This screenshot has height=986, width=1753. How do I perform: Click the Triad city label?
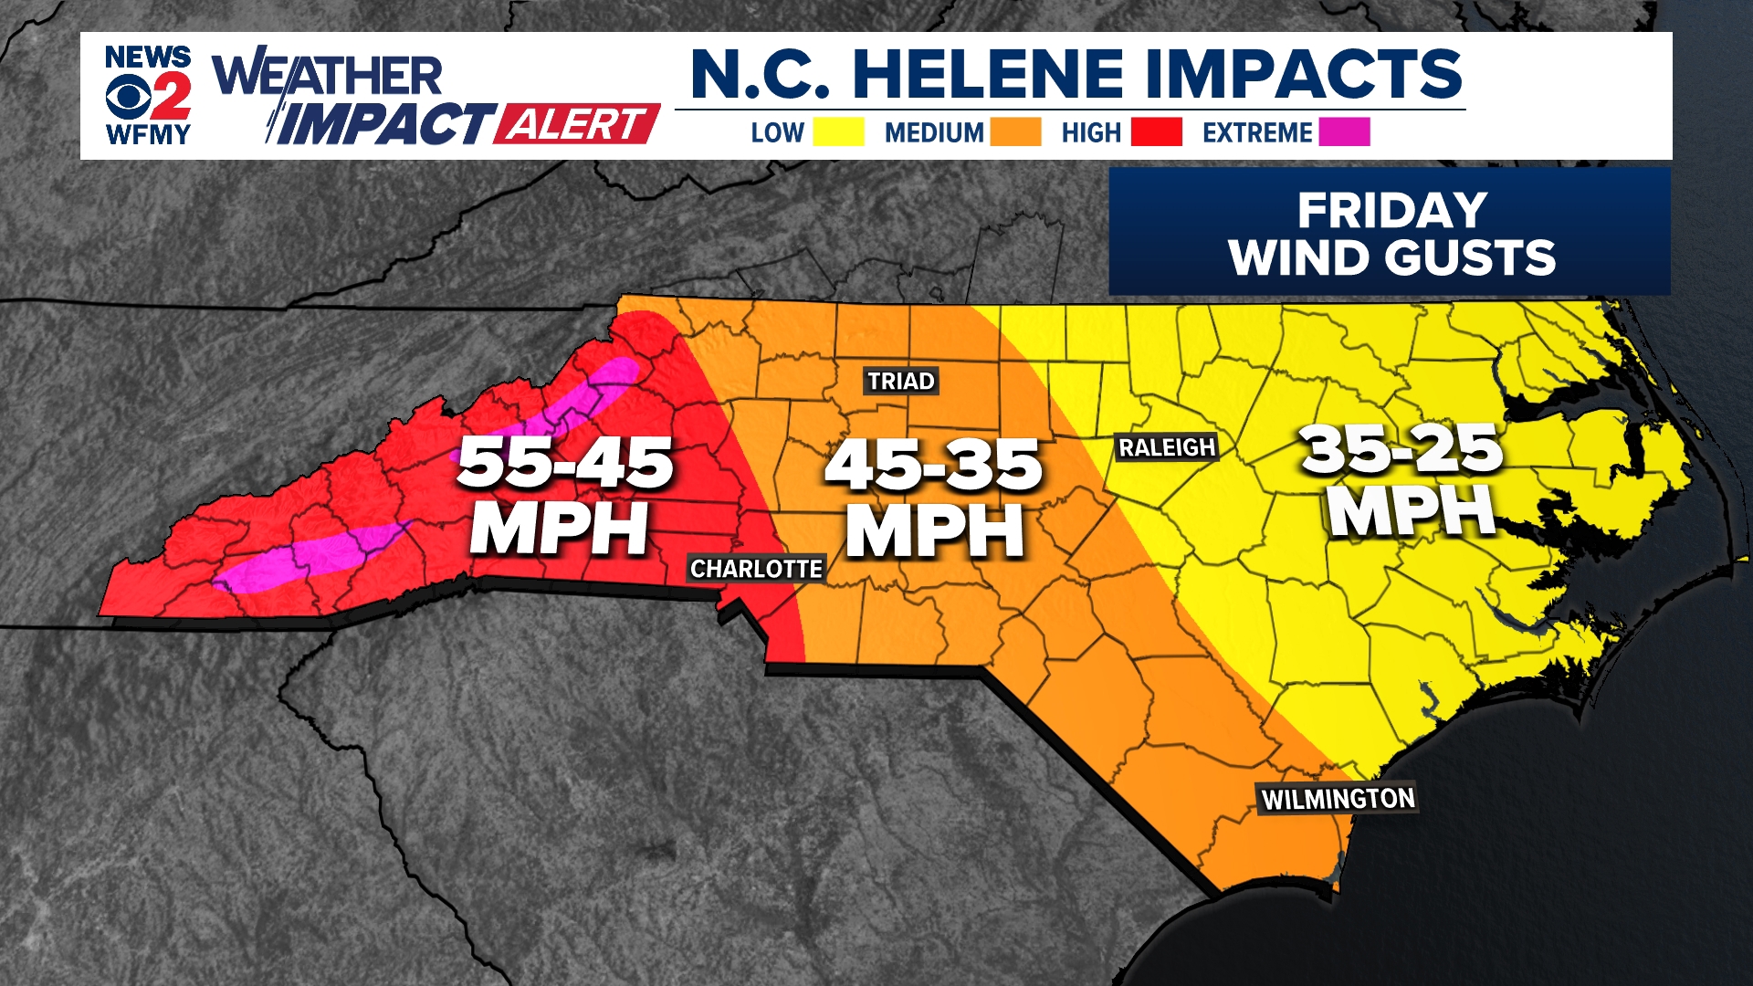pyautogui.click(x=900, y=381)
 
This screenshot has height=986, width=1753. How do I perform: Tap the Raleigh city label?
pyautogui.click(x=1167, y=447)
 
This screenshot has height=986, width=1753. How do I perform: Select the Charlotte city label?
pyautogui.click(x=756, y=569)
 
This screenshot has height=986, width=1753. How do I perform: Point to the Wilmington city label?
pyautogui.click(x=1338, y=799)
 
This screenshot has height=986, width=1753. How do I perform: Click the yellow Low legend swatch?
pyautogui.click(x=838, y=132)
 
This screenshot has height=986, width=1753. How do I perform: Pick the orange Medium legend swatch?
pyautogui.click(x=1015, y=132)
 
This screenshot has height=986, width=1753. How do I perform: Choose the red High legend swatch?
pyautogui.click(x=1156, y=132)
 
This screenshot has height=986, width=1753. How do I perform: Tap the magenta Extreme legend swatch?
pyautogui.click(x=1343, y=132)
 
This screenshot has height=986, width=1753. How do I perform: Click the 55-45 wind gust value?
pyautogui.click(x=565, y=463)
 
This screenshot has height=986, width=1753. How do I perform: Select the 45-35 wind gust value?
pyautogui.click(x=933, y=466)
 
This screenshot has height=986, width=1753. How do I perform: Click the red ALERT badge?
pyautogui.click(x=576, y=124)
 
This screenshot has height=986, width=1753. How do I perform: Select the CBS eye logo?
pyautogui.click(x=127, y=97)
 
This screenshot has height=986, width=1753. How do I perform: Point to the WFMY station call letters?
pyautogui.click(x=148, y=135)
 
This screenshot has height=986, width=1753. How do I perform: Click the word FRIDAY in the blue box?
pyautogui.click(x=1391, y=211)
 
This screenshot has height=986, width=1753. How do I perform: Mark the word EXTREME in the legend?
pyautogui.click(x=1256, y=133)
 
